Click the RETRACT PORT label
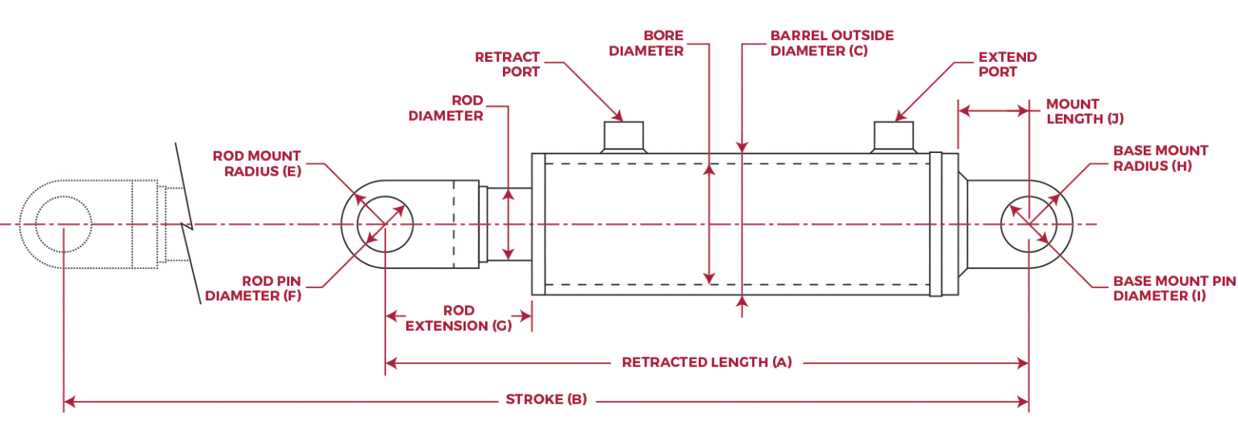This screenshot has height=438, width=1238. click(x=507, y=64)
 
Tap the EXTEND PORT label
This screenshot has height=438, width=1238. click(x=1007, y=64)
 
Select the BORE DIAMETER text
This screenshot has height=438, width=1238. click(x=646, y=43)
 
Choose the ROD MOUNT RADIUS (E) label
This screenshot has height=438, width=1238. click(x=256, y=163)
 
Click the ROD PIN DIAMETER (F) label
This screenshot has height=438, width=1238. click(x=252, y=288)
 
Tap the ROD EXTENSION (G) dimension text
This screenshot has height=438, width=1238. click(x=458, y=318)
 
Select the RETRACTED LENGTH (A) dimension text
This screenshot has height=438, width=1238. click(x=707, y=362)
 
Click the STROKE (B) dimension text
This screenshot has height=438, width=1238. click(x=546, y=399)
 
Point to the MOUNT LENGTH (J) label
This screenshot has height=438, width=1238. click(x=1084, y=111)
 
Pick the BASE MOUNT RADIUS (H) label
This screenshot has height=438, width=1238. click(x=1160, y=158)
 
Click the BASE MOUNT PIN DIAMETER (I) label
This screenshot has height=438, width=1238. click(x=1174, y=288)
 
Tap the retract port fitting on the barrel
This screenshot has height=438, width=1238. click(x=623, y=136)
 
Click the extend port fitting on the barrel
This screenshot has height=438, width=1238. click(x=894, y=136)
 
